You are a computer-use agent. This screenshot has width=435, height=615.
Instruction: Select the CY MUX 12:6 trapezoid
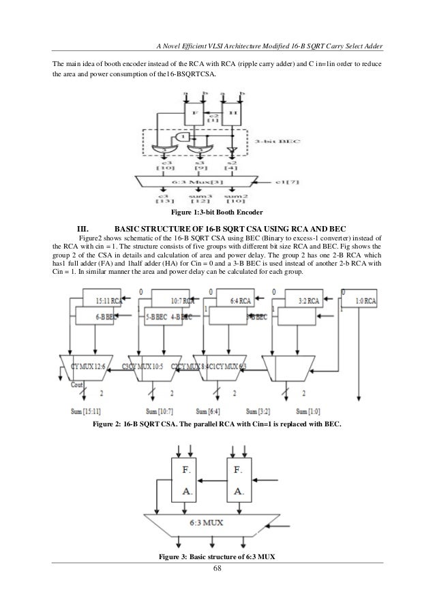click(88, 367)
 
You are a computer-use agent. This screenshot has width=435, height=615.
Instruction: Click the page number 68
click(217, 569)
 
